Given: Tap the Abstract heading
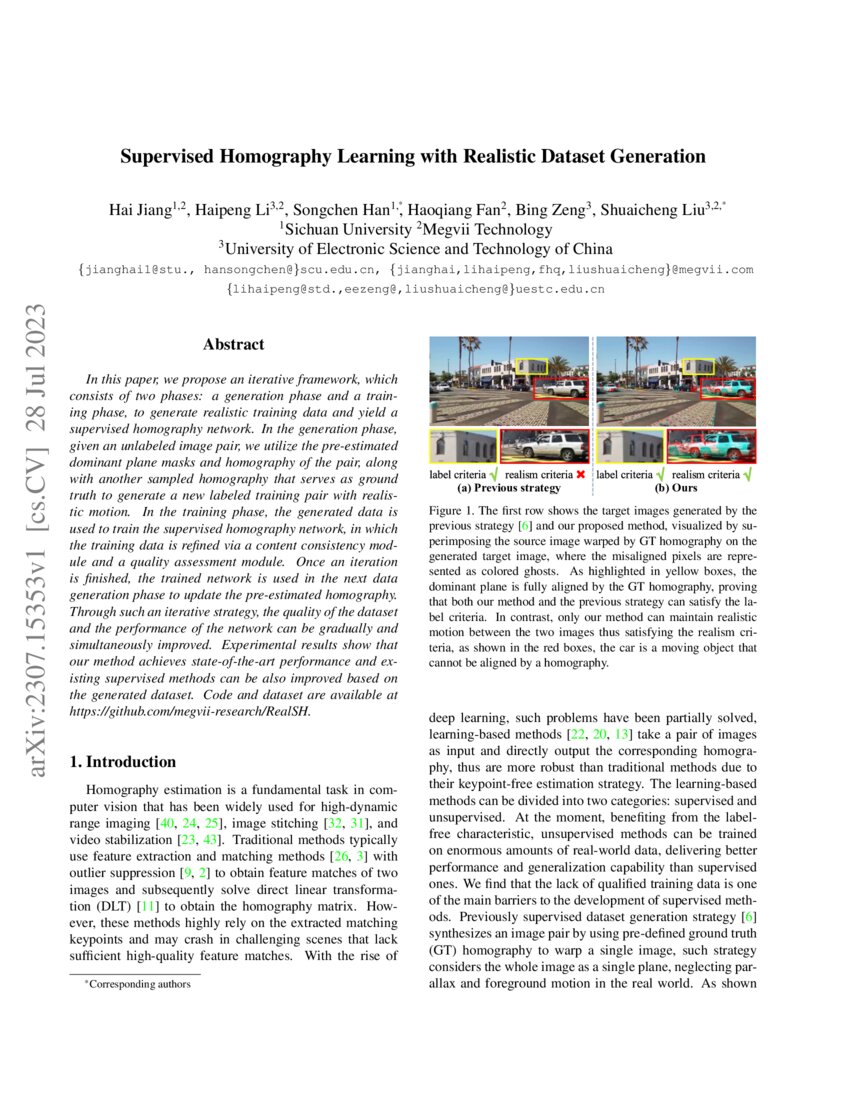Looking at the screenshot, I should pyautogui.click(x=233, y=344).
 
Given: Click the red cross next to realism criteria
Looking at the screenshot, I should pyautogui.click(x=581, y=474).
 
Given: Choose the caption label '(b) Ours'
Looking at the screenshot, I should pyautogui.click(x=676, y=488).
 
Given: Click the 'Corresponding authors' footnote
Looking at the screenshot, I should pyautogui.click(x=136, y=985).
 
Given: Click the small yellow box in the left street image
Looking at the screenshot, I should pyautogui.click(x=530, y=370).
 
